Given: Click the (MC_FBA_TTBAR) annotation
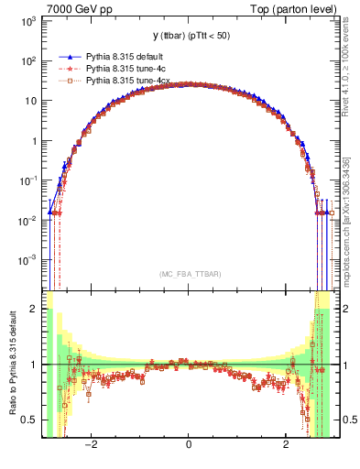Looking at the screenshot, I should pos(188,273).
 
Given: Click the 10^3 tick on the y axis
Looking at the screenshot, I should pos(28,21).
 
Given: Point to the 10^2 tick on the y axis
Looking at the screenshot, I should pos(28,61).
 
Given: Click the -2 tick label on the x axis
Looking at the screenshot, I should pos(91,446).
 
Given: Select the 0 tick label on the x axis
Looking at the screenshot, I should pos(189,446).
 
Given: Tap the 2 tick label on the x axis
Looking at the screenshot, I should pos(286,446).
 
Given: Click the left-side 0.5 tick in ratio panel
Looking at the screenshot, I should pos(31,420).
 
